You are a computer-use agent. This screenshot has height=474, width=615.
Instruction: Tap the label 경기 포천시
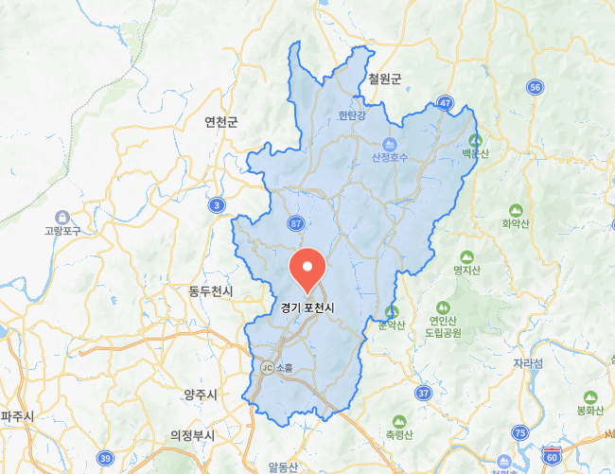307,307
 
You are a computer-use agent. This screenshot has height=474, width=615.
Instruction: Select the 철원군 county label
385,78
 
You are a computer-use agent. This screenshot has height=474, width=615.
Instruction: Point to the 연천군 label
220,122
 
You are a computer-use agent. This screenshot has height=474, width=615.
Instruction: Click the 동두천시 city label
210,290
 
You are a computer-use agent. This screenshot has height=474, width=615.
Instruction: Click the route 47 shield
445,101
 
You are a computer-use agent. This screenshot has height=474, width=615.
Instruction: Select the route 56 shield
536,87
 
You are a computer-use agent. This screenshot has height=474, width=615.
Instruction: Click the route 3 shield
219,204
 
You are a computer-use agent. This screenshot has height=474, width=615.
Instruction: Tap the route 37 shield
423,392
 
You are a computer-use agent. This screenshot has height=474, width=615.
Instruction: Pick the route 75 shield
519,432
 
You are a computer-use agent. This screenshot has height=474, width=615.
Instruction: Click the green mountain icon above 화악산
516,210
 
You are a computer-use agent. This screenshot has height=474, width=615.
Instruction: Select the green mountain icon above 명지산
466,256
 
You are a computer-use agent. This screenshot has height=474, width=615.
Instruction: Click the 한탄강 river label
351,116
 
